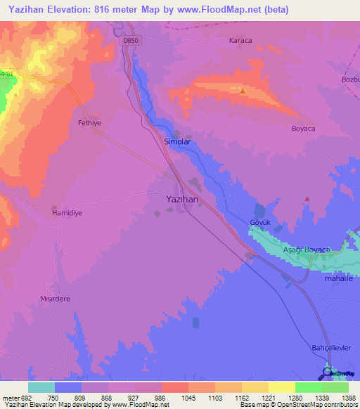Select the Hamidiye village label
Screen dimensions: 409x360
pyautogui.click(x=67, y=212)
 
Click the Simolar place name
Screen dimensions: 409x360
pyautogui.click(x=177, y=141)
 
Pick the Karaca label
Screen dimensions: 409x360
pyautogui.click(x=240, y=40)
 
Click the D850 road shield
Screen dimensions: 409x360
pyautogui.click(x=130, y=41)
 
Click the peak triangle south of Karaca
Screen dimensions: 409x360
pyautogui.click(x=243, y=91)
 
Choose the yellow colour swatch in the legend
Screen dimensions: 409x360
pyautogui.click(x=281, y=387)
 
